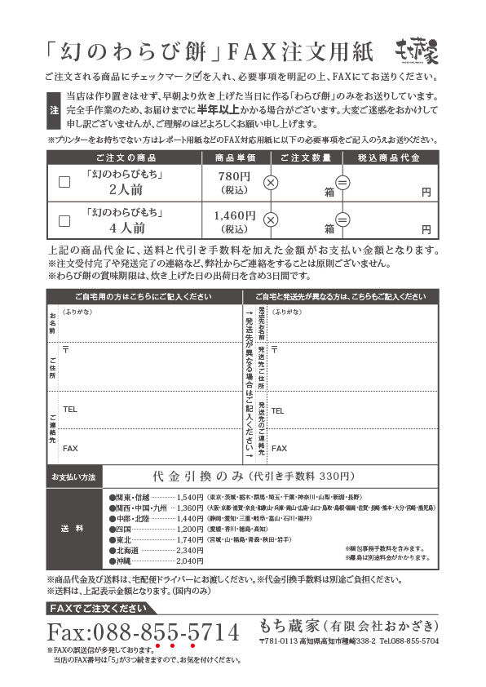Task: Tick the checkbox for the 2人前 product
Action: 64,182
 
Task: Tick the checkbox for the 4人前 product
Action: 64,219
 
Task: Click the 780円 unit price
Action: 234,177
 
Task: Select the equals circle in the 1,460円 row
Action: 342,219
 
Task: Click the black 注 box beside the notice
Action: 54,110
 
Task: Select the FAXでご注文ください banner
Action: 97,608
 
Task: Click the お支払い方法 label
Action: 73,476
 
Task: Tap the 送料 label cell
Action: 73,529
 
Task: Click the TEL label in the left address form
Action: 70,409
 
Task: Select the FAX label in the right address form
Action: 278,448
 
